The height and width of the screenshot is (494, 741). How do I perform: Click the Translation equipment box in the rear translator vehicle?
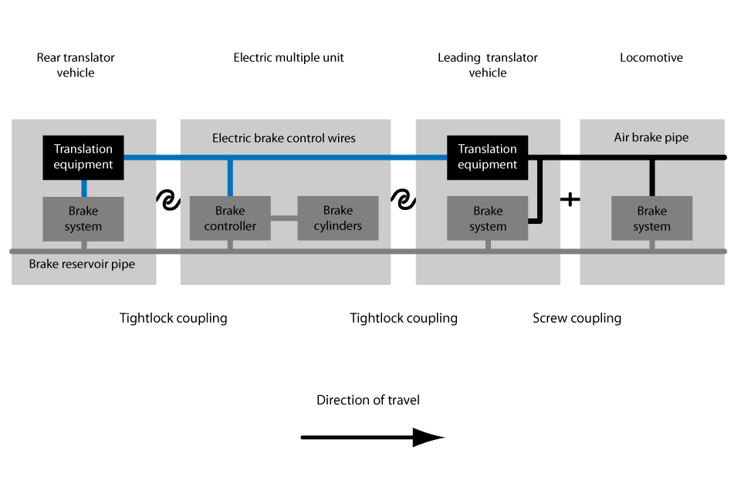pos(83,157)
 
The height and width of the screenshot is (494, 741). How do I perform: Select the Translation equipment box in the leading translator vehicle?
pos(487,157)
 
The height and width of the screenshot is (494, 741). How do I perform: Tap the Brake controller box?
pos(230,218)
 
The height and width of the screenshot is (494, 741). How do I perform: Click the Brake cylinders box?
pos(338,218)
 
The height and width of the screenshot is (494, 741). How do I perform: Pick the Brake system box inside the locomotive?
pos(651,218)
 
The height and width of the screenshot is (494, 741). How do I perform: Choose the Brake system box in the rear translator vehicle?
pos(83,218)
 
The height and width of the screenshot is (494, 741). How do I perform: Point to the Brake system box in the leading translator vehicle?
pos(487,218)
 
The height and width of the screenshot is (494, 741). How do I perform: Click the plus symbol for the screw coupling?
pos(570,199)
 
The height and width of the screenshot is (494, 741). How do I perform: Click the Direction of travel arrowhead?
pos(429,438)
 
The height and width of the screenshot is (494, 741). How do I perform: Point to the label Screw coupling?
pos(577,318)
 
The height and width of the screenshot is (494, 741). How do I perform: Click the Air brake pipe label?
pos(651,138)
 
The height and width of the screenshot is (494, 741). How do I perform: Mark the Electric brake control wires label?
pos(284,138)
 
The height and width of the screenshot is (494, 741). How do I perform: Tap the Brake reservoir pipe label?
pos(82,265)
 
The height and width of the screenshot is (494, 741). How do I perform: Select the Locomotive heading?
pos(651,58)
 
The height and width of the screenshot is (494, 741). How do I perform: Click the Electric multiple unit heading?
pos(289,58)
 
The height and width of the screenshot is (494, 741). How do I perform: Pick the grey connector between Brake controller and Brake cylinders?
pos(284,218)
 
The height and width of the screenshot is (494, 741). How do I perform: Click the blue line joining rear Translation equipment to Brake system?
pos(83,188)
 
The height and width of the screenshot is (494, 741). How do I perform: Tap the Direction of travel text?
pos(368,400)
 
